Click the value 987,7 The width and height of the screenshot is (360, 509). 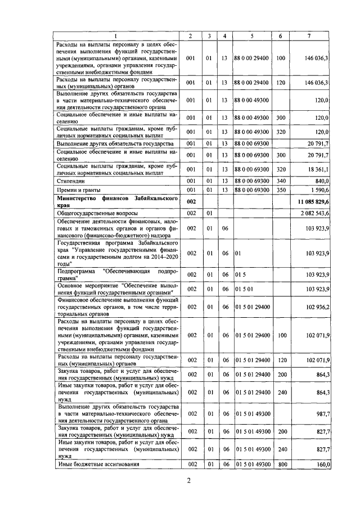[x=321, y=413]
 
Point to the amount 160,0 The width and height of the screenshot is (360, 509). [x=321, y=465]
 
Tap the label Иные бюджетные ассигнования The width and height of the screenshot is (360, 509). [x=94, y=465]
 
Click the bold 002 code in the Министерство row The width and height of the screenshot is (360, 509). [x=191, y=201]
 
